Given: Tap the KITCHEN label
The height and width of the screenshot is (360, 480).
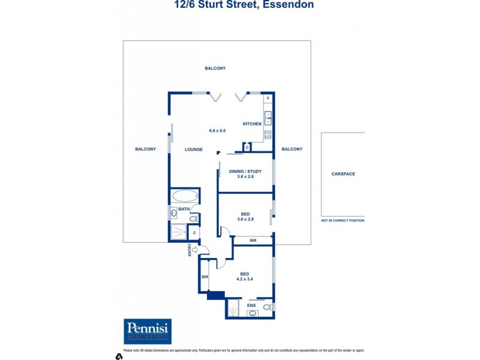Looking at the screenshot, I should click(251, 124).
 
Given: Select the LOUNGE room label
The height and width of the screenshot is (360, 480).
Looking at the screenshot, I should click(194, 149).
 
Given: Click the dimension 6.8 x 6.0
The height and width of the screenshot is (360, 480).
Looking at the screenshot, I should click(217, 130).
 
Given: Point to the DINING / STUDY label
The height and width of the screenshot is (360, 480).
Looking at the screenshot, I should click(245, 172).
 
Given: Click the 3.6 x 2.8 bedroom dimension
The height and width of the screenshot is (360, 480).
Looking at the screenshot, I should click(245, 219).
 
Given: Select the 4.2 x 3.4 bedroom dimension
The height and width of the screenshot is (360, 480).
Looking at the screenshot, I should click(245, 279).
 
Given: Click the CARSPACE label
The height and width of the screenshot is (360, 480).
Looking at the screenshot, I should click(343, 174).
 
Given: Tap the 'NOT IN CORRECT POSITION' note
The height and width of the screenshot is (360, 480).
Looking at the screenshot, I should click(343, 220).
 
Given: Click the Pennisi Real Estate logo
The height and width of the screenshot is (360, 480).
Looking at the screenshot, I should click(148, 331).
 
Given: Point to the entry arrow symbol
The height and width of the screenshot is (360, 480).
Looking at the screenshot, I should click(195, 249).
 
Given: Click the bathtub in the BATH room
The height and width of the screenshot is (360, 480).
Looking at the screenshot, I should click(184, 196).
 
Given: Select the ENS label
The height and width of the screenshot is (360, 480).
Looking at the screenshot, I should click(251, 305).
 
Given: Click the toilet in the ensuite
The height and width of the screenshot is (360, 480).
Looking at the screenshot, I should click(268, 307).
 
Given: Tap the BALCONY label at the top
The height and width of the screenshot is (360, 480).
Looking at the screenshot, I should click(215, 68).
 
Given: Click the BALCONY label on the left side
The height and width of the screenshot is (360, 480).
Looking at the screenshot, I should click(145, 149).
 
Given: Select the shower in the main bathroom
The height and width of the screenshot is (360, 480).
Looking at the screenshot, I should click(178, 232).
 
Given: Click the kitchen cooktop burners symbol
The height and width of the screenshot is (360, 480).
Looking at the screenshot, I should click(268, 135).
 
